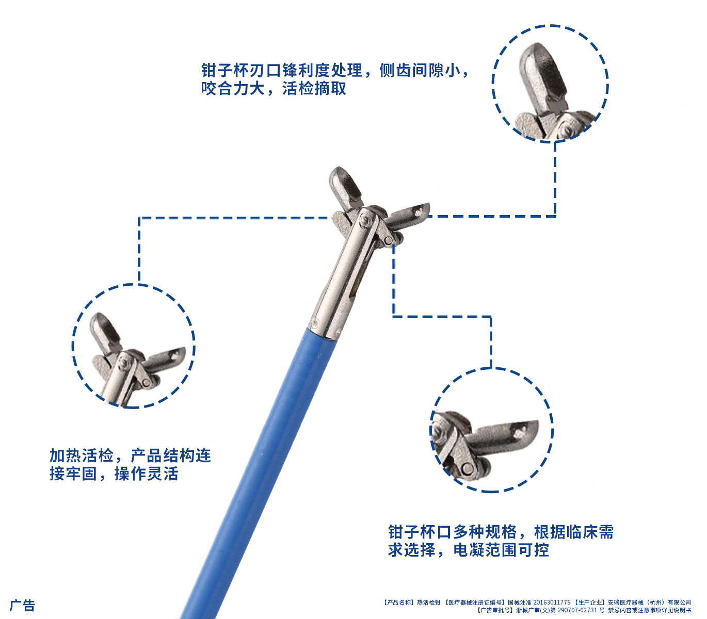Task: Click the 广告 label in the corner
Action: click(x=23, y=605)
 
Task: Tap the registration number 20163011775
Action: click(x=552, y=602)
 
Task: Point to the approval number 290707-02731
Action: click(x=577, y=610)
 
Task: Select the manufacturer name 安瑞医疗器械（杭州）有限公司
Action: click(x=649, y=602)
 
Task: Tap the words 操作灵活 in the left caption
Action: click(x=146, y=474)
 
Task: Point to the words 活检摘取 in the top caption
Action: click(x=314, y=89)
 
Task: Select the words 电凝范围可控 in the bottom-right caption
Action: click(x=501, y=550)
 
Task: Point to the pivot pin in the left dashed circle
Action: click(x=123, y=364)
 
